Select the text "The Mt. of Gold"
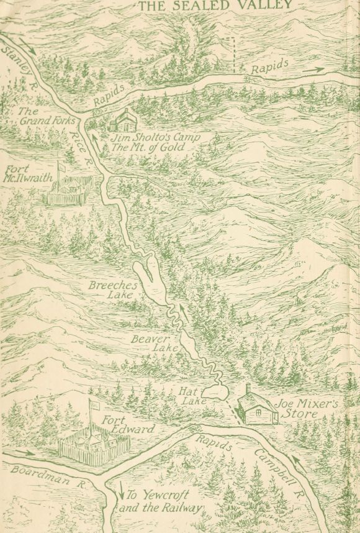pyautogui.click(x=145, y=146)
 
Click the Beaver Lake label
pyautogui.click(x=148, y=344)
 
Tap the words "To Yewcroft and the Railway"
pyautogui.click(x=163, y=501)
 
